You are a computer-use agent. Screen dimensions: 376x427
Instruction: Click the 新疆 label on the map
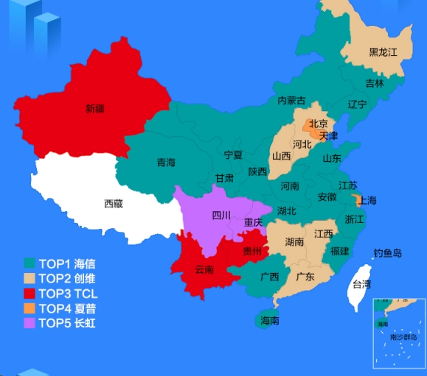95,109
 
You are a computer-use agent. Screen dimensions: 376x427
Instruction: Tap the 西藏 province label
114,203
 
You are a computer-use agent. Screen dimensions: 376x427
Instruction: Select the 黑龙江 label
383,52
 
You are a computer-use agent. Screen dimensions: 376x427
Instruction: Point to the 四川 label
221,215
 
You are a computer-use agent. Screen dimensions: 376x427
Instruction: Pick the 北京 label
319,124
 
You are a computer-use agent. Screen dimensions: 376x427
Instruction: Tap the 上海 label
367,201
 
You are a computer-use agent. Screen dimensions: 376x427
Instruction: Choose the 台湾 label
361,284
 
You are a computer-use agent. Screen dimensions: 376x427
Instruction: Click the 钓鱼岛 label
388,253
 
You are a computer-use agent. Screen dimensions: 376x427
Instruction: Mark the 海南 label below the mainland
269,321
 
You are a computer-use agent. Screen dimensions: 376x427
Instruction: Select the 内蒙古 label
291,100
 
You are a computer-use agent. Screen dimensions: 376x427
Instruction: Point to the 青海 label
166,162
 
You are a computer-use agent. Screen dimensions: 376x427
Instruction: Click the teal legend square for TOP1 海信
30,263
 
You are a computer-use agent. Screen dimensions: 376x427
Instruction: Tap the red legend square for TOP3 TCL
30,293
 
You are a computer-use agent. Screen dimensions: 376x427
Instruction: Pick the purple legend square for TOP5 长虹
30,322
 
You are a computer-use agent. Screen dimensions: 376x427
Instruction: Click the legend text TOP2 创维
66,278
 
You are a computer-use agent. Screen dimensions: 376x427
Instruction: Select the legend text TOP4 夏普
66,308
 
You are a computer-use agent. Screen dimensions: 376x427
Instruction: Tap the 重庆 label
254,222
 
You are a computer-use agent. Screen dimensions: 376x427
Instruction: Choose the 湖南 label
294,241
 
